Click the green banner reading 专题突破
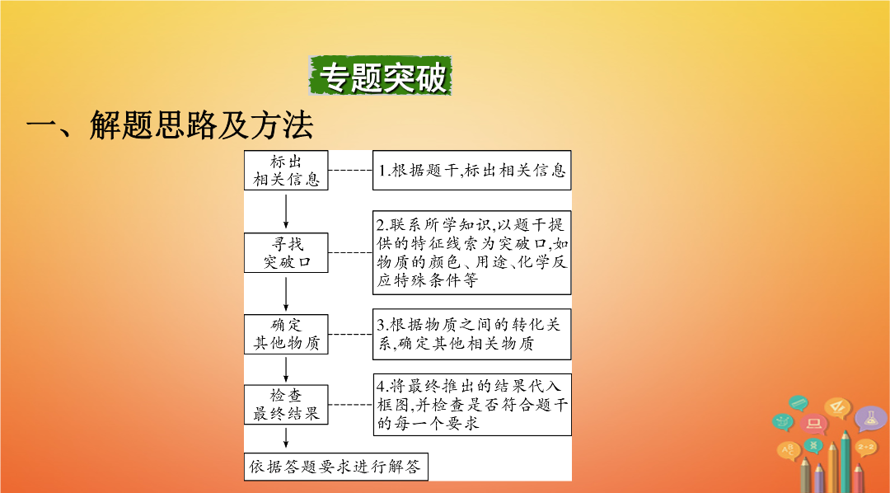point(380,76)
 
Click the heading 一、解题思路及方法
point(170,125)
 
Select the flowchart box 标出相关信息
point(286,171)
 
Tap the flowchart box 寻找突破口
point(286,253)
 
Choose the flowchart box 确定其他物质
point(286,334)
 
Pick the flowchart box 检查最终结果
point(286,405)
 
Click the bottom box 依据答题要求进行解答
point(336,467)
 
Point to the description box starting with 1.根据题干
point(471,170)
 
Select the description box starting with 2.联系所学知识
point(471,252)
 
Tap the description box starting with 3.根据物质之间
point(471,334)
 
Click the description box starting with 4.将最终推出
point(472,405)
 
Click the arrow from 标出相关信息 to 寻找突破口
point(285,211)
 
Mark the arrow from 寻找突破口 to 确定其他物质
point(285,293)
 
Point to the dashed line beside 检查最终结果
point(350,405)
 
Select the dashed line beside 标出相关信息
point(350,170)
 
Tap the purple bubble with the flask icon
point(871,418)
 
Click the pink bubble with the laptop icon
point(814,424)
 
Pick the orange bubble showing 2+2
point(866,448)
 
